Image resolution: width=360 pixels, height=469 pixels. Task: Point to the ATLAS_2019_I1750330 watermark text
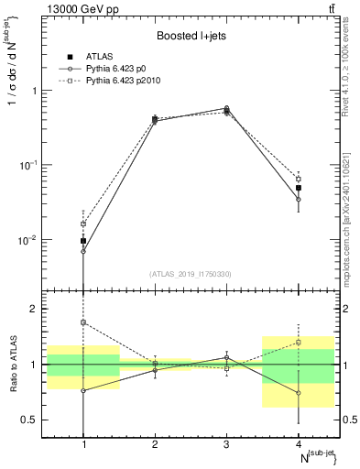pyautogui.click(x=191, y=274)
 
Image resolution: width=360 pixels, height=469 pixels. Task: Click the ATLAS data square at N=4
pyautogui.click(x=298, y=188)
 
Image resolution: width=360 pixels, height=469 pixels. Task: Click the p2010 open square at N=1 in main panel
pyautogui.click(x=83, y=224)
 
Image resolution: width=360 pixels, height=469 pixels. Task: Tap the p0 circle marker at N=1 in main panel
pyautogui.click(x=83, y=251)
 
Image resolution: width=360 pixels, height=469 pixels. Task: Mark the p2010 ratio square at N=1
pyautogui.click(x=83, y=322)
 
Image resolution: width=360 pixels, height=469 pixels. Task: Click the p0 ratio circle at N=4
pyautogui.click(x=298, y=393)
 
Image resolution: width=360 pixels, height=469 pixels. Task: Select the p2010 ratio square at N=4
pyautogui.click(x=298, y=343)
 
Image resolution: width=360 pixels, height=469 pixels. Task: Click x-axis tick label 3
pyautogui.click(x=226, y=444)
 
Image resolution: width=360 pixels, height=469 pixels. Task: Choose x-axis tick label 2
pyautogui.click(x=155, y=444)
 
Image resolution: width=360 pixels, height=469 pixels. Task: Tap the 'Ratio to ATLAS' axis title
pyautogui.click(x=12, y=365)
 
